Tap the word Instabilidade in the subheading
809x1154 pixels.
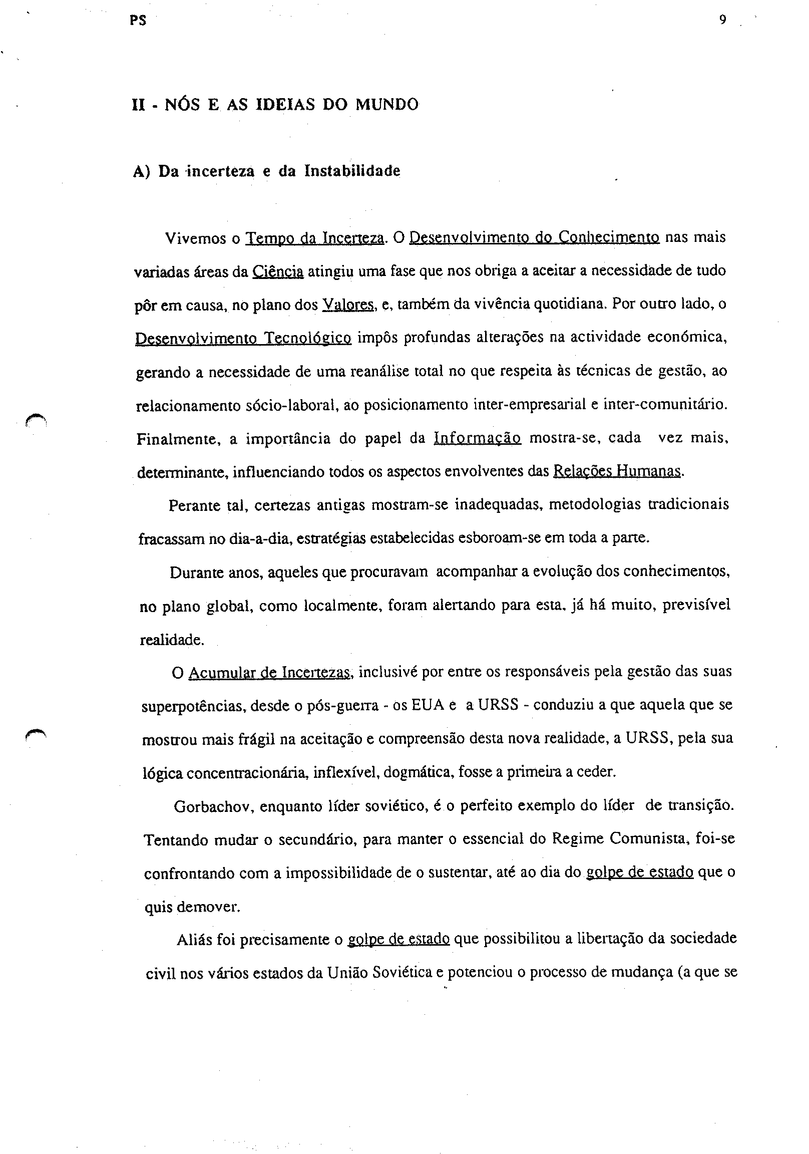pos(352,171)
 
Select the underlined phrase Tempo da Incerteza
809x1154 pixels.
pos(314,238)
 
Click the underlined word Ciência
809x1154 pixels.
pos(278,271)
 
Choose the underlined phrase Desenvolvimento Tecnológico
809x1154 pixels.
pos(244,338)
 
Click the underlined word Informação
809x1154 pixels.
pos(477,438)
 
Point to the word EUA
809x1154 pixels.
pos(427,705)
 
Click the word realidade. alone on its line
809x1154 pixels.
pos(171,640)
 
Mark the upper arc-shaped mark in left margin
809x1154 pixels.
pos(36,418)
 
